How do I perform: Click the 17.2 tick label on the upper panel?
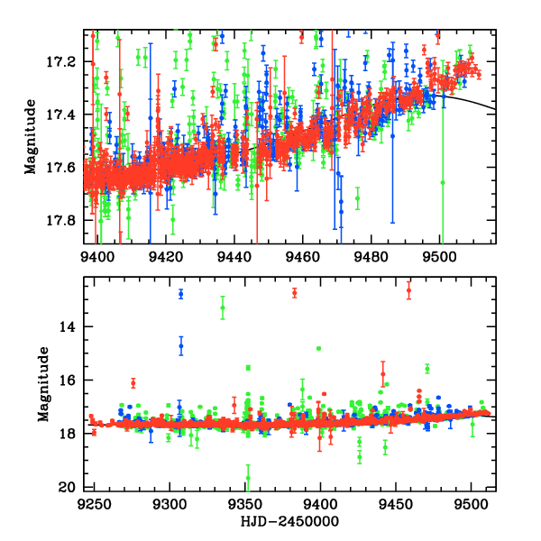[64, 61]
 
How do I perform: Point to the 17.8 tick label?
[64, 220]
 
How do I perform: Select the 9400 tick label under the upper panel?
[97, 255]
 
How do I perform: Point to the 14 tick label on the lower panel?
[68, 326]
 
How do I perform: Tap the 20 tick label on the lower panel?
[68, 488]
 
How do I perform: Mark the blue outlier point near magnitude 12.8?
[180, 294]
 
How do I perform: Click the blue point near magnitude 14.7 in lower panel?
[180, 346]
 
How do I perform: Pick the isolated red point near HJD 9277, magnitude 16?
[133, 383]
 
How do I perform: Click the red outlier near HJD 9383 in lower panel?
[295, 293]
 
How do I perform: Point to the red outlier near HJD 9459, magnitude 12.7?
[409, 290]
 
